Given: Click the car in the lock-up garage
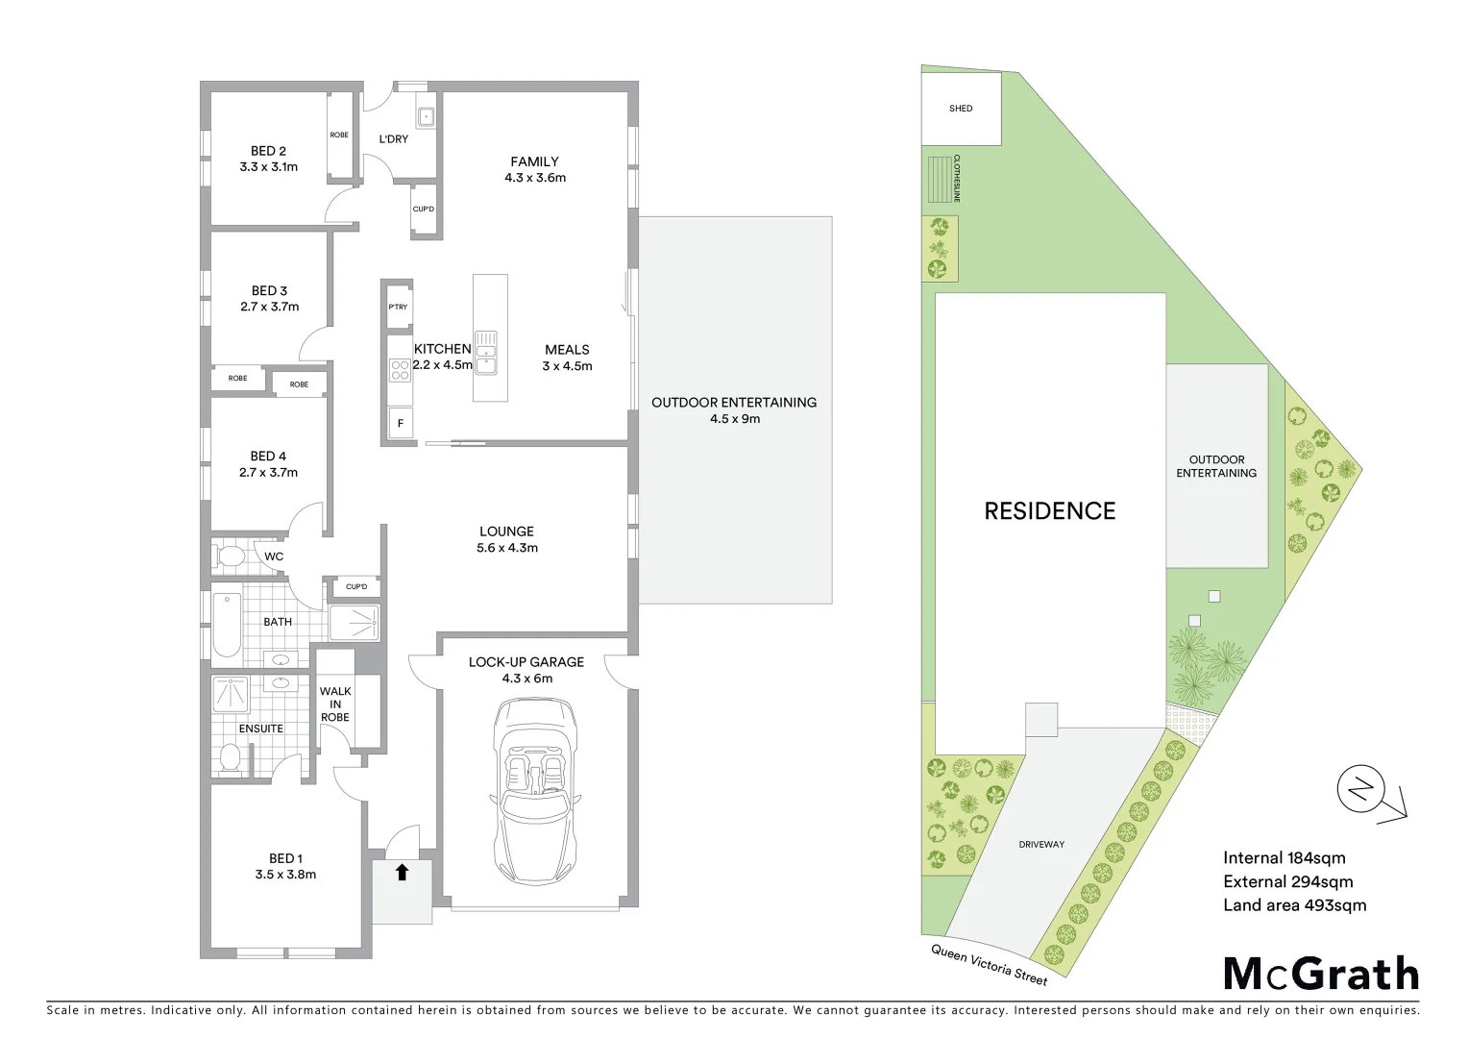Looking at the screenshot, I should pyautogui.click(x=535, y=790).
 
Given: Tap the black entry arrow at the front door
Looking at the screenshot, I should pyautogui.click(x=402, y=873).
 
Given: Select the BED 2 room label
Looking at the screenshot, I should pyautogui.click(x=268, y=151).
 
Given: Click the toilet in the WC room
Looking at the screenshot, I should pyautogui.click(x=231, y=556).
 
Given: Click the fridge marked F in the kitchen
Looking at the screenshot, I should pyautogui.click(x=400, y=423).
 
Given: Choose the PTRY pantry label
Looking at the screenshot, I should pyautogui.click(x=398, y=308).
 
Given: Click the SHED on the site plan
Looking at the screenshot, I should pyautogui.click(x=961, y=109).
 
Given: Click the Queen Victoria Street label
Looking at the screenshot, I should pyautogui.click(x=989, y=964).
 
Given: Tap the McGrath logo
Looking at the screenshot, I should pyautogui.click(x=1321, y=974).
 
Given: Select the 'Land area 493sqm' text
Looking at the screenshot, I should pyautogui.click(x=1294, y=904).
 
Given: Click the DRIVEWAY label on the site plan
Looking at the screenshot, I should pyautogui.click(x=1041, y=844).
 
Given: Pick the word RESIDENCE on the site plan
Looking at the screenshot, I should pyautogui.click(x=1049, y=511).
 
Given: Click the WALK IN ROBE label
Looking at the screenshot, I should pyautogui.click(x=335, y=704).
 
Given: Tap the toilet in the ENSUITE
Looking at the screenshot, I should pyautogui.click(x=231, y=757).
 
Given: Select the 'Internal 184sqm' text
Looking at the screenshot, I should pyautogui.click(x=1284, y=858).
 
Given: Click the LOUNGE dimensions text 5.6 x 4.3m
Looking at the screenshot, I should pyautogui.click(x=506, y=549).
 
